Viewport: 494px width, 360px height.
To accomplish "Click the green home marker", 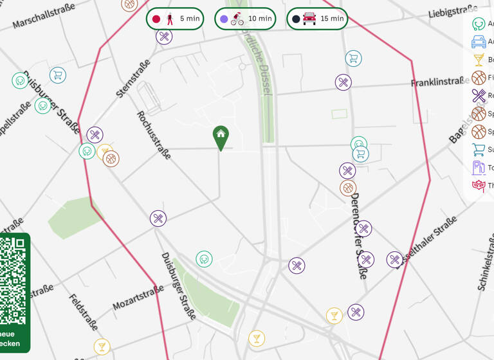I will coord(221,136).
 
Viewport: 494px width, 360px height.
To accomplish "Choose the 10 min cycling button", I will coord(244,19).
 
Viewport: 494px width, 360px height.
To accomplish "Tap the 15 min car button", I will coord(316,19).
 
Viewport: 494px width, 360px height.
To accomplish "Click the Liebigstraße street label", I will coord(453,12).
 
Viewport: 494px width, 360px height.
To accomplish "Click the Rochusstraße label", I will coord(154,134).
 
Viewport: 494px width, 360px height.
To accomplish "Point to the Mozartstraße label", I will coord(138,299).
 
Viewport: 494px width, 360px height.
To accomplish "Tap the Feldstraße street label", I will coord(84,312).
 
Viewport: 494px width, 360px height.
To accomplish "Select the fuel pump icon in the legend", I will coord(479,168).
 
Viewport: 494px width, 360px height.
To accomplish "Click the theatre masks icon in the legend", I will coord(479,186).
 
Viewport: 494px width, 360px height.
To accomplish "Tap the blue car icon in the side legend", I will coord(479,42).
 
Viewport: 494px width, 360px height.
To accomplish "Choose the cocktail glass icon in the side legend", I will coord(479,60).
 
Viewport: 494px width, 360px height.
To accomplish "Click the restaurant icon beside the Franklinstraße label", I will coord(343,82).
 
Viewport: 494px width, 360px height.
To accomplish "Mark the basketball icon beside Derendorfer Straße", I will coord(348,188).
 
